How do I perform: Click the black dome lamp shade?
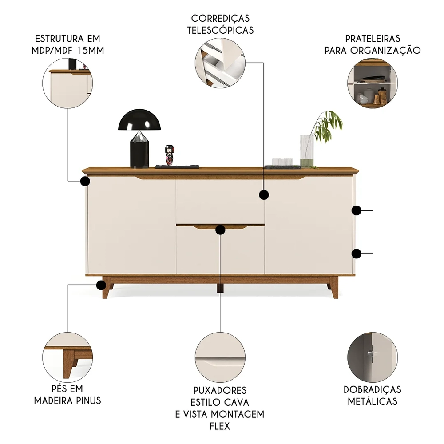tap(139, 120)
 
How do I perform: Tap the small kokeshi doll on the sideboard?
tap(169, 155)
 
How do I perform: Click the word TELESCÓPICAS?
tap(220, 30)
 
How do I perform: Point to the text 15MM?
tap(90, 50)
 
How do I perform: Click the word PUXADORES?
tap(220, 391)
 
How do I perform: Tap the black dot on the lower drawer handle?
tap(220, 229)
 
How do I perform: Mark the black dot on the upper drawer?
tap(264, 194)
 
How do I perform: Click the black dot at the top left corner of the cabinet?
tap(84, 181)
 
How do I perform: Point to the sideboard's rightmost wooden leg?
tap(333, 288)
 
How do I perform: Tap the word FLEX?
tap(220, 426)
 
